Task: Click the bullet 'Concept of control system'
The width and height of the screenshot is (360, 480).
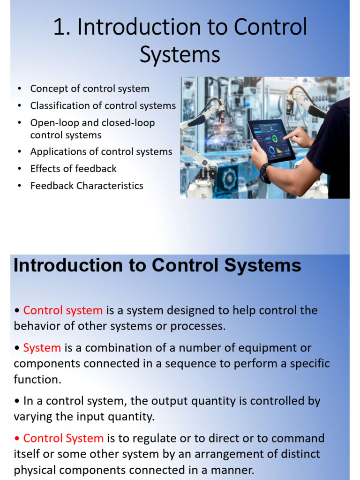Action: coord(90,89)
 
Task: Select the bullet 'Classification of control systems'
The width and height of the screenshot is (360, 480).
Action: coord(103,105)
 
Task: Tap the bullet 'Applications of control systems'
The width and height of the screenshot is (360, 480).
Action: coord(101,151)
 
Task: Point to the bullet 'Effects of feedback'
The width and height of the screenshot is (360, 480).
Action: coord(73,168)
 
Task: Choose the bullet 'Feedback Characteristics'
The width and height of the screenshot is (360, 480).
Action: coord(87,186)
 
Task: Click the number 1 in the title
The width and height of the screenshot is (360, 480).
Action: coord(59,28)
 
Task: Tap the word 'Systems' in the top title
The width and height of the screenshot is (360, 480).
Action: coord(180,54)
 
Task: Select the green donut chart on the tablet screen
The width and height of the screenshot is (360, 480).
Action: coord(274,139)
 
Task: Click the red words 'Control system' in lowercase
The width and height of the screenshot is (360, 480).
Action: coord(63,310)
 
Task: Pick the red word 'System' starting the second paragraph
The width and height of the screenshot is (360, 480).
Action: coord(42,348)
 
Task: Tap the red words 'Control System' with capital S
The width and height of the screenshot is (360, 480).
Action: coord(63,438)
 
